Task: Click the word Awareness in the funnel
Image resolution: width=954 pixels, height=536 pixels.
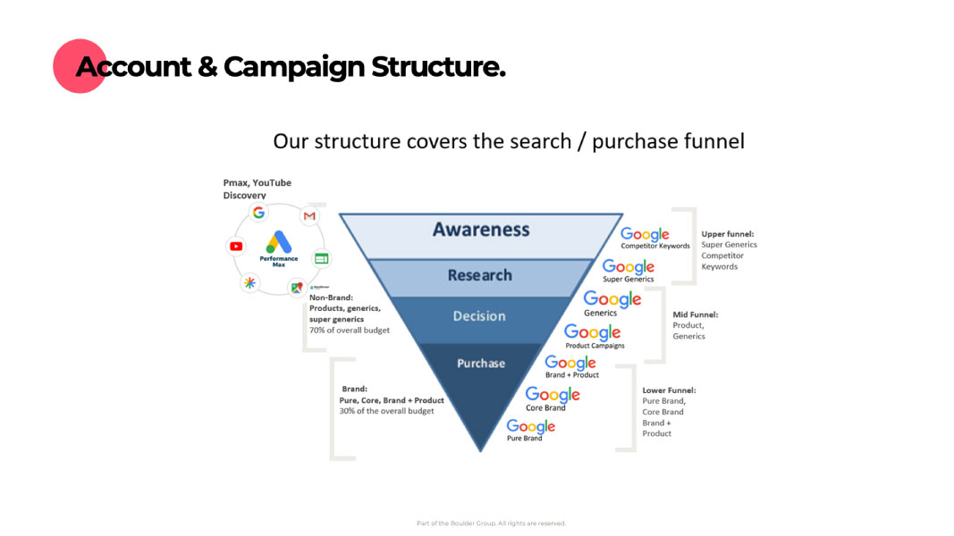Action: [481, 230]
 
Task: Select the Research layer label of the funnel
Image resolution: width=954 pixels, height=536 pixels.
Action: [480, 275]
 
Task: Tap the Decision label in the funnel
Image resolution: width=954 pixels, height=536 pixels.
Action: [479, 316]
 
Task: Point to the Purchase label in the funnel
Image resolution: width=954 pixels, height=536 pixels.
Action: [481, 364]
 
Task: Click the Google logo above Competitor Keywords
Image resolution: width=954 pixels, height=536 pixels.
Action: [646, 234]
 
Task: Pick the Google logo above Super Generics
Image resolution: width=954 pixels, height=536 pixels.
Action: [629, 266]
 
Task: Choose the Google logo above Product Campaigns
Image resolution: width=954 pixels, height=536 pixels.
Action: [593, 332]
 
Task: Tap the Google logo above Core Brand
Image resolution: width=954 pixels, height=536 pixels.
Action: [553, 394]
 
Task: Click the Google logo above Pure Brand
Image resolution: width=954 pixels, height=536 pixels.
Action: [531, 426]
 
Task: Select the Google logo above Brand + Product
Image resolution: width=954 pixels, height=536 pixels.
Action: [570, 362]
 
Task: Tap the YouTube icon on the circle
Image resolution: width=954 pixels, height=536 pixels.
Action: [236, 247]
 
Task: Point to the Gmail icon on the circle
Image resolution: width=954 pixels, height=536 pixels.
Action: [309, 216]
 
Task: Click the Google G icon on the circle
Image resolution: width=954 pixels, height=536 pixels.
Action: [258, 213]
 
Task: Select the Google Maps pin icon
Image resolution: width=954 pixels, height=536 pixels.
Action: [296, 288]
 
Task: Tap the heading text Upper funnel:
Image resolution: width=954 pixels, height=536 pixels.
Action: [726, 234]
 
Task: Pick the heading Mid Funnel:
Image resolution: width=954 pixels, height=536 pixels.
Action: [695, 314]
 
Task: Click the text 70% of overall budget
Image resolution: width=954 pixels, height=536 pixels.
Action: [350, 330]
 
